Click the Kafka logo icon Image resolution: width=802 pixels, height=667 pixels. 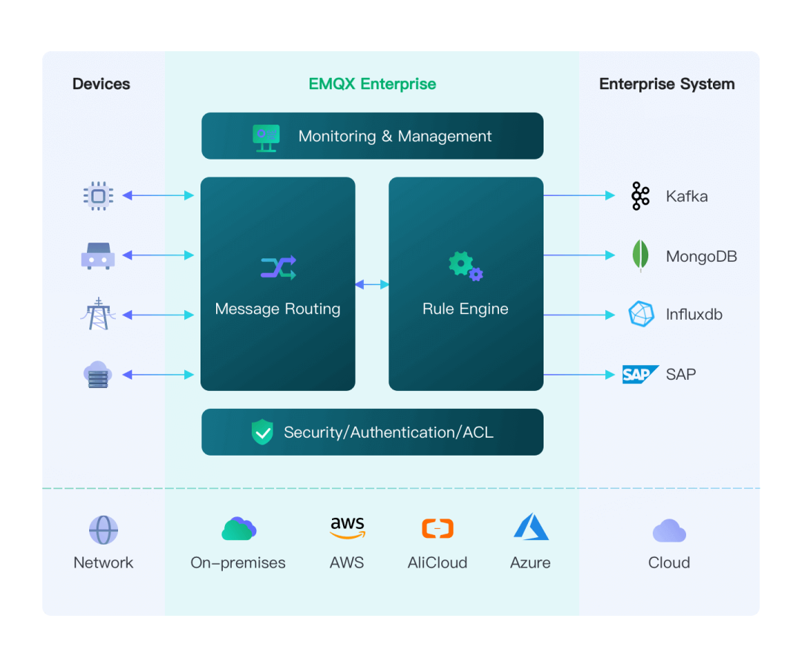[x=640, y=196]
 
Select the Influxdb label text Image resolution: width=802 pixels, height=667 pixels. [x=694, y=315]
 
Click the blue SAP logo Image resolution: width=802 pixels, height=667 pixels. [x=639, y=374]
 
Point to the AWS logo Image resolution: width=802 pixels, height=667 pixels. [x=348, y=528]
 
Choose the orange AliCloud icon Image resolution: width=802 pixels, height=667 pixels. [x=437, y=528]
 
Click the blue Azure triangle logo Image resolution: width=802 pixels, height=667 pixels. [x=531, y=528]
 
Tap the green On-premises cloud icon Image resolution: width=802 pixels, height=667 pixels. [x=238, y=528]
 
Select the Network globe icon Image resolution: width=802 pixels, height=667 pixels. [x=103, y=530]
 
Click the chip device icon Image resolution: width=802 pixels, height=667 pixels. [x=98, y=196]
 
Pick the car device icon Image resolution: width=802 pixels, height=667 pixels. [x=98, y=255]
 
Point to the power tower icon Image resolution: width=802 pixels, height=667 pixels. [x=98, y=315]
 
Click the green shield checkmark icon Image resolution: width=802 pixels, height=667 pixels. [x=262, y=432]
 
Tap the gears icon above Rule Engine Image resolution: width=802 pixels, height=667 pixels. [x=466, y=266]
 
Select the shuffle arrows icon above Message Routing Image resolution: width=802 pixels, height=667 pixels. [x=278, y=267]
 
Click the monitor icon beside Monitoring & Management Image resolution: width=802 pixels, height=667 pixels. [x=266, y=137]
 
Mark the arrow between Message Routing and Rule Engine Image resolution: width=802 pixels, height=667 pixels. [x=372, y=284]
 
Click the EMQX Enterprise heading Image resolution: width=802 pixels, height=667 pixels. [x=372, y=84]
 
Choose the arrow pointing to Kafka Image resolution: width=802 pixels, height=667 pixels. [x=579, y=196]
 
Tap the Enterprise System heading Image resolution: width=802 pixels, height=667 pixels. [x=667, y=84]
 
